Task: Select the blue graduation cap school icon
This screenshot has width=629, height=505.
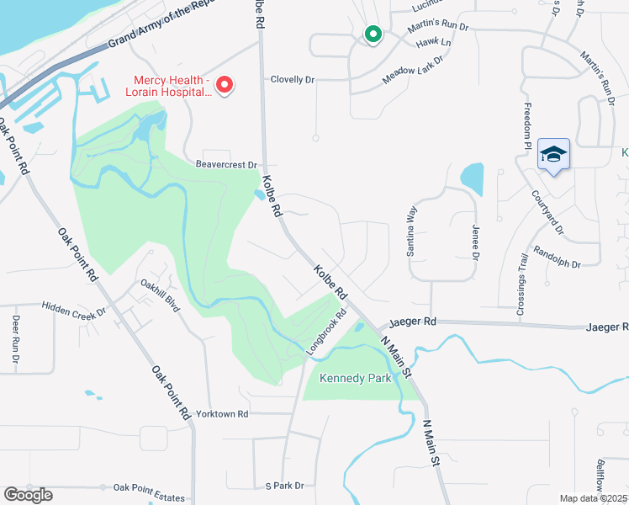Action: click(553, 154)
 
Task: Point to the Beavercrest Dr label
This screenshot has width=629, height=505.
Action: click(226, 165)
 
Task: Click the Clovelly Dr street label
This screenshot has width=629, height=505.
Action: click(292, 80)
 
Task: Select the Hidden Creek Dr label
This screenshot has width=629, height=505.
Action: click(74, 311)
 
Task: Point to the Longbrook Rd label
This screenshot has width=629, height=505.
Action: click(327, 332)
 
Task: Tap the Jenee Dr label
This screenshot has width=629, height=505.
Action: click(475, 245)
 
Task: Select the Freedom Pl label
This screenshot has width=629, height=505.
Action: click(528, 125)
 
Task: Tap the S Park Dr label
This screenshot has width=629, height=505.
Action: click(283, 486)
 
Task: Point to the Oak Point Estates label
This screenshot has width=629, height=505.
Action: click(149, 487)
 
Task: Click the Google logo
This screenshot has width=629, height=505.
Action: click(28, 494)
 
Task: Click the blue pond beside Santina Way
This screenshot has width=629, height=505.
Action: click(473, 177)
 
